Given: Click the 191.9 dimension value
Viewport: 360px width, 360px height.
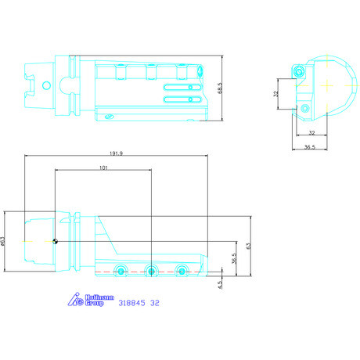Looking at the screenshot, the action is (116, 153).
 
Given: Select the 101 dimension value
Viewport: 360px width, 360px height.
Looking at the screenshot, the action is (103, 167).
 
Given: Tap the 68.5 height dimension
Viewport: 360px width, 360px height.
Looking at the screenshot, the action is (220, 88).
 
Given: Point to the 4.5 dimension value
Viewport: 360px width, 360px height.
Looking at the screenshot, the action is (221, 285).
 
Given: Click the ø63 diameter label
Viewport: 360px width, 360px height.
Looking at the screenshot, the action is (3, 241).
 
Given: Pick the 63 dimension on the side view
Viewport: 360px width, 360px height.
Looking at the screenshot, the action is (248, 246).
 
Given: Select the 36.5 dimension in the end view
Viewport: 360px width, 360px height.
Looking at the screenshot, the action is (310, 147).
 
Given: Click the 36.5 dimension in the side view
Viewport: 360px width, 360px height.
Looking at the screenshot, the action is (234, 258).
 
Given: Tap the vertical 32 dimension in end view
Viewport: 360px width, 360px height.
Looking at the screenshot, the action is (275, 94).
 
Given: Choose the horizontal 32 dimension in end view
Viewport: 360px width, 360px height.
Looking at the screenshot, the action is (311, 133).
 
